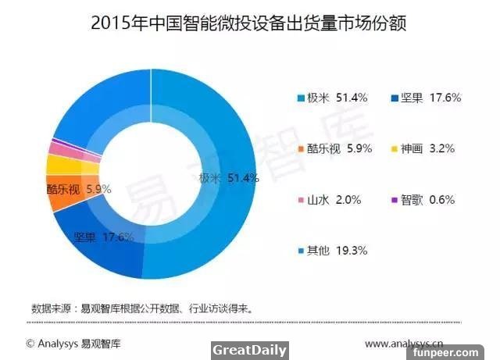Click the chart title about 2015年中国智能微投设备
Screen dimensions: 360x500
click(x=250, y=23)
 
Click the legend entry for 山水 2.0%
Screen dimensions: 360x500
click(x=328, y=200)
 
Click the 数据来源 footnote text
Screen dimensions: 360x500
click(x=141, y=308)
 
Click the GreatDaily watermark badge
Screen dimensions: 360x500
click(x=249, y=350)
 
